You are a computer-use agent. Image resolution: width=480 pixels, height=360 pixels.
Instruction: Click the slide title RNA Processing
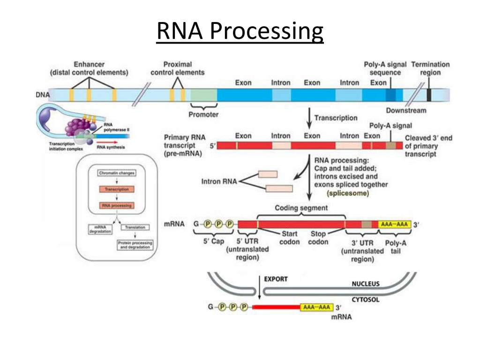(x=240, y=32)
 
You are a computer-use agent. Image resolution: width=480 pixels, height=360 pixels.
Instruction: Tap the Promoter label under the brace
(x=203, y=114)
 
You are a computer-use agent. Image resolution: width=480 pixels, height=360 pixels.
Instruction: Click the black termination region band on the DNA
(x=429, y=95)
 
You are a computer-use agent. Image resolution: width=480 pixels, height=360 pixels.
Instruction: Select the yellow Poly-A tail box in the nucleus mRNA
(x=395, y=225)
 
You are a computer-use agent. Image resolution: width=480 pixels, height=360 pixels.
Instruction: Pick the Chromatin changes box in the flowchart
(x=117, y=173)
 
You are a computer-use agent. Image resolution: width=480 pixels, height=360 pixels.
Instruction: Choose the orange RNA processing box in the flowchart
(x=117, y=205)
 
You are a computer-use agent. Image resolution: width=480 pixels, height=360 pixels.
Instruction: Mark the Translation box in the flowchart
(x=135, y=227)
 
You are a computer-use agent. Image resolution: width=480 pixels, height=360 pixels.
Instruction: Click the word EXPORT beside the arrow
(x=276, y=279)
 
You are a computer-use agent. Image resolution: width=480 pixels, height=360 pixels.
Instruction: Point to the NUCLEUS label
(x=366, y=284)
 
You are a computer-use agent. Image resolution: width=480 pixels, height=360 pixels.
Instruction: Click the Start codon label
(x=289, y=238)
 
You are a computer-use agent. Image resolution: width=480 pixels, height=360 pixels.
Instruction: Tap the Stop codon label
(x=318, y=238)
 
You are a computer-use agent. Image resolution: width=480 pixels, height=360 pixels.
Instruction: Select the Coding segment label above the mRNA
(x=301, y=208)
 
